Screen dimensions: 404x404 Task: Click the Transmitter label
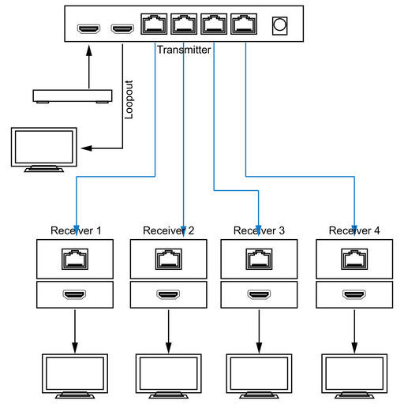pos(184,50)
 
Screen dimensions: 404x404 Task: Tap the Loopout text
pos(129,99)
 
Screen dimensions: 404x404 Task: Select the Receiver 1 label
pos(76,230)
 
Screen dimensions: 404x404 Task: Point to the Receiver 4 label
pos(354,230)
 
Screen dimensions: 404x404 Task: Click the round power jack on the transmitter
pos(279,26)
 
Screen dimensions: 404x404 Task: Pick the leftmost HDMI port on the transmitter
pos(88,28)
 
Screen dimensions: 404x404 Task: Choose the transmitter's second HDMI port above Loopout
pos(122,28)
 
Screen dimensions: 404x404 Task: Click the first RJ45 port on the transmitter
pos(154,24)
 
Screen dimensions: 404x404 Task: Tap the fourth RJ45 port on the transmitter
pos(244,24)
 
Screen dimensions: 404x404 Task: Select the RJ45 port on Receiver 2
pos(169,259)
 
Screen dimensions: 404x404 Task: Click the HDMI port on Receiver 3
pos(259,294)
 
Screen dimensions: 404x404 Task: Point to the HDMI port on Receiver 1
pos(74,294)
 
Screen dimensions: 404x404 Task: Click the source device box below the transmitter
pos(73,96)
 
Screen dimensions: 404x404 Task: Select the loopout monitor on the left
pos(44,150)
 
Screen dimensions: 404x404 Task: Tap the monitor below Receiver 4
pos(354,376)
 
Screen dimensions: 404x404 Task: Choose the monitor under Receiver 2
pos(169,376)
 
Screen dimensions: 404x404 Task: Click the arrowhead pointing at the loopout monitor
pos(86,148)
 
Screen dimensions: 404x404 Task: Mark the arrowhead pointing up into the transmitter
pos(89,50)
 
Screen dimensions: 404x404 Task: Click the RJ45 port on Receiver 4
pos(354,259)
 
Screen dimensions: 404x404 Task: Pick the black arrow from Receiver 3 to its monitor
pos(259,331)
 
